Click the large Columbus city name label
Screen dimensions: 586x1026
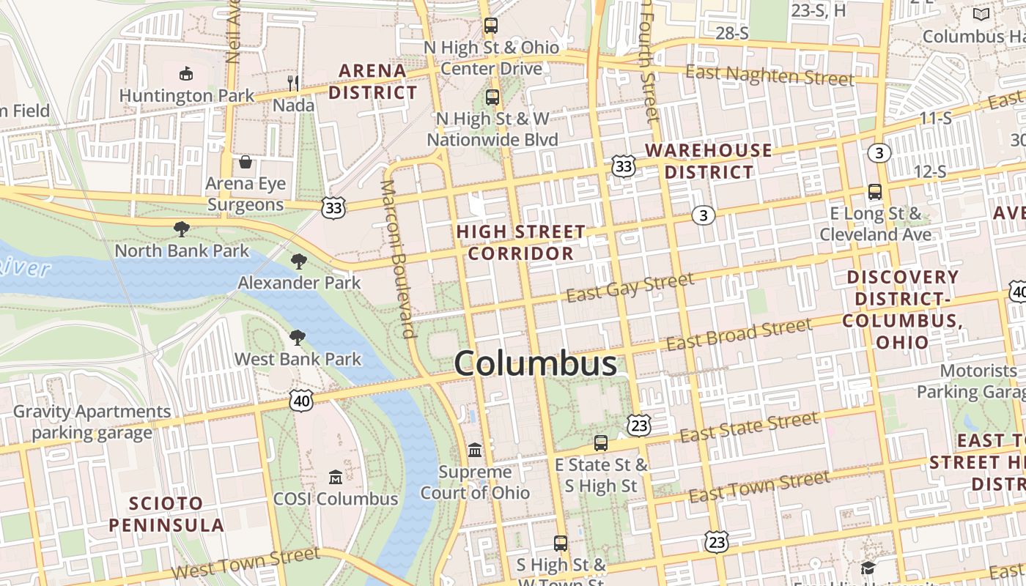pos(535,364)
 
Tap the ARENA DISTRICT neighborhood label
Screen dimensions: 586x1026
pos(372,81)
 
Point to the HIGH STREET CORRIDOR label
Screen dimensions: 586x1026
pos(521,242)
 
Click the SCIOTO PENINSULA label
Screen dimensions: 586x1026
pos(166,514)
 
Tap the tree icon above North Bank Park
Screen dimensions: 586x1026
pos(181,229)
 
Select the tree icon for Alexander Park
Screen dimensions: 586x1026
pos(298,262)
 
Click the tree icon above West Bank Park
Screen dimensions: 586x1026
pos(297,338)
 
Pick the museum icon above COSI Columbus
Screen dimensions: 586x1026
pos(336,478)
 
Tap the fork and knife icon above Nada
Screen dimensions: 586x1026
pos(293,83)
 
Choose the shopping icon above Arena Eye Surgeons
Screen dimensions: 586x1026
pos(246,161)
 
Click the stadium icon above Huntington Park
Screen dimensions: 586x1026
pos(186,73)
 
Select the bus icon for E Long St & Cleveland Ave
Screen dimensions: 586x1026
pos(874,192)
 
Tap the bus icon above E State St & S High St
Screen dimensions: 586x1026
pos(601,443)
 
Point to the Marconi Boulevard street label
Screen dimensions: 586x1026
pos(399,259)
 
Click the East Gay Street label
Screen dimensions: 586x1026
pos(630,286)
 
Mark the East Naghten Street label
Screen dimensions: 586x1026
pos(769,75)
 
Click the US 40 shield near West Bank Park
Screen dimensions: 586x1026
pos(301,400)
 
